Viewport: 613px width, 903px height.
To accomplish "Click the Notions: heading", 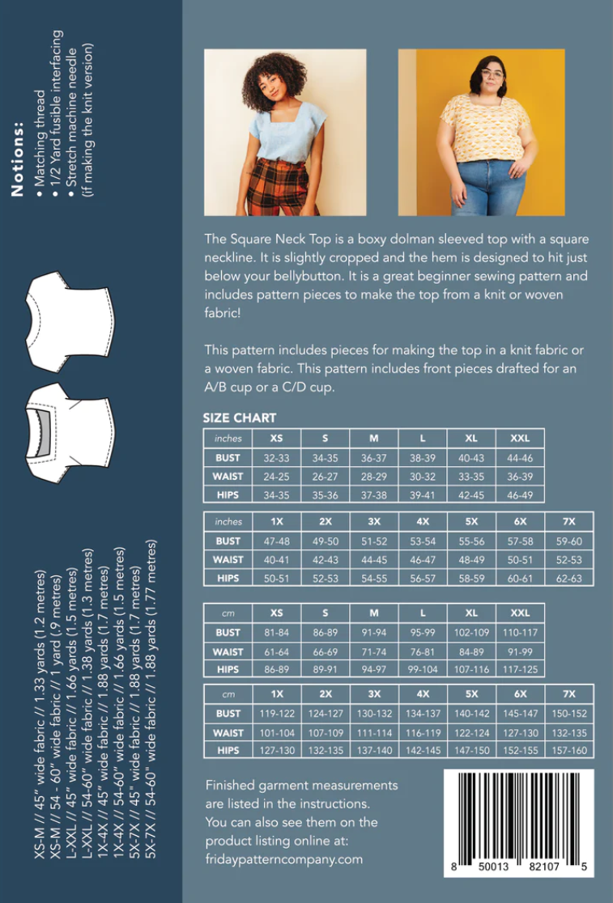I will pyautogui.click(x=18, y=159).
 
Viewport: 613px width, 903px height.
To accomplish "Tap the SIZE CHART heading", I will pyautogui.click(x=240, y=418).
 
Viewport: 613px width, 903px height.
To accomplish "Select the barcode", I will pyautogui.click(x=518, y=822).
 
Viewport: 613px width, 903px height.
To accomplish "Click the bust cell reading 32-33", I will pyautogui.click(x=276, y=457).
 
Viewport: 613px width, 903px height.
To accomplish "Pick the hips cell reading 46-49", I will pyautogui.click(x=520, y=493).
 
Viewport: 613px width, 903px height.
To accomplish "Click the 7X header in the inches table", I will pyautogui.click(x=568, y=522).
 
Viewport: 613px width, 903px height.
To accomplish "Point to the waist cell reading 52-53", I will pyautogui.click(x=568, y=559).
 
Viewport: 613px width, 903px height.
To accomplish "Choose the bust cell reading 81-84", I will pyautogui.click(x=276, y=632).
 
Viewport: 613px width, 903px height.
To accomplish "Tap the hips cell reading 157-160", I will pyautogui.click(x=568, y=750).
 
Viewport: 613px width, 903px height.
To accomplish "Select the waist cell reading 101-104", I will pyautogui.click(x=276, y=732).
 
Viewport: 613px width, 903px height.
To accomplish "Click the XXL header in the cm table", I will pyautogui.click(x=520, y=613).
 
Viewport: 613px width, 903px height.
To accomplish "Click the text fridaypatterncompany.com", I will pyautogui.click(x=283, y=858).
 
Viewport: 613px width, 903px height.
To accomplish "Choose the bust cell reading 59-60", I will pyautogui.click(x=568, y=541).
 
